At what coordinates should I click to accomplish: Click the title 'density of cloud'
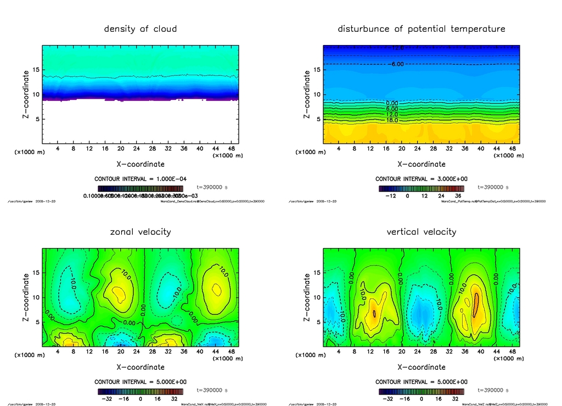(140, 29)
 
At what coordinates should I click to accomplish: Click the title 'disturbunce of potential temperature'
(421, 29)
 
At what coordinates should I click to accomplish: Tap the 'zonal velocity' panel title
(140, 232)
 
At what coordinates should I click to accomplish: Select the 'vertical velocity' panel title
(421, 232)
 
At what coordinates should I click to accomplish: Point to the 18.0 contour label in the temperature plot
(392, 120)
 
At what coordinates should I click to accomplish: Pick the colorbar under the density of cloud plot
(140, 189)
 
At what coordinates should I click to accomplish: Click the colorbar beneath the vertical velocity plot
(421, 392)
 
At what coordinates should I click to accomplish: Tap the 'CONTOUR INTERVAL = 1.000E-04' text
(140, 179)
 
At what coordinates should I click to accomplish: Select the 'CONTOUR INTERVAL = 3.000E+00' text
(421, 179)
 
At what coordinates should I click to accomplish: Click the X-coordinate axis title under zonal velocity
(140, 366)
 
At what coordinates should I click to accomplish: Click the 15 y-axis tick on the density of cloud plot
(36, 70)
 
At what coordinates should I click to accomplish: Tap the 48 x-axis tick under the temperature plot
(512, 149)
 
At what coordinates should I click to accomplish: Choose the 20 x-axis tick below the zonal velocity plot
(121, 352)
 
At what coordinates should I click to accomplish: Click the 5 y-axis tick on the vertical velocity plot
(317, 322)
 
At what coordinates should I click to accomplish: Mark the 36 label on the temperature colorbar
(457, 196)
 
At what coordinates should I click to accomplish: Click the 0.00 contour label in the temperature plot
(392, 103)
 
